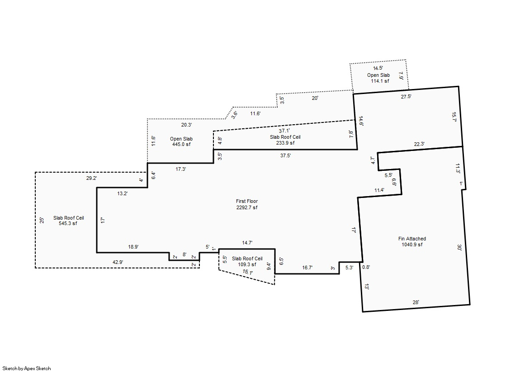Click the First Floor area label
[x=247, y=201]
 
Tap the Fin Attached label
[x=412, y=239]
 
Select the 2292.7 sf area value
[x=247, y=207]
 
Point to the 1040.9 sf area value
[x=412, y=244]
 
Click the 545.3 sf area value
[x=68, y=223]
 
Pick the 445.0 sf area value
[x=181, y=144]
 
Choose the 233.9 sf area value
[x=285, y=143]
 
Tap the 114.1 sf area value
[x=380, y=81]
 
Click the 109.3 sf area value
[x=247, y=264]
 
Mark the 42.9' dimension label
[x=118, y=262]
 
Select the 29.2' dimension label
[x=91, y=178]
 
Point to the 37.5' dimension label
[x=285, y=155]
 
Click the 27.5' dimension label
[x=406, y=96]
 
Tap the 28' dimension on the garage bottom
[x=416, y=302]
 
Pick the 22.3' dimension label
[x=419, y=144]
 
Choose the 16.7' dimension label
[x=307, y=268]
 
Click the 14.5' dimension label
[x=378, y=68]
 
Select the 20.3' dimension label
[x=186, y=125]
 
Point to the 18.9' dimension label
[x=133, y=247]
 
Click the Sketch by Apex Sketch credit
[x=27, y=368]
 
